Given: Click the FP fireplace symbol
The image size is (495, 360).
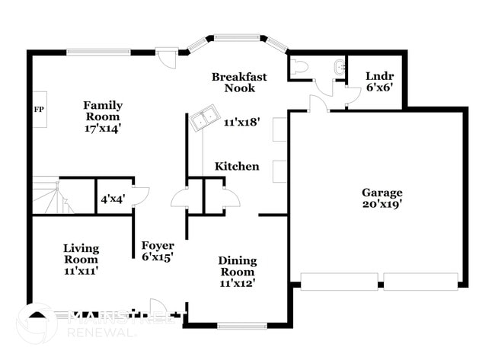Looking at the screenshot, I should click(39, 109).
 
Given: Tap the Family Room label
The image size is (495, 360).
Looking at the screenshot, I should click(103, 116).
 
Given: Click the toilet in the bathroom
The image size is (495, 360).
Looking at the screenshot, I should click(299, 67).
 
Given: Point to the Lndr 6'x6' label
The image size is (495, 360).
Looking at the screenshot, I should click(379, 81).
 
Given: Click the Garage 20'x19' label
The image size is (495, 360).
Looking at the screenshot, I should click(382, 198).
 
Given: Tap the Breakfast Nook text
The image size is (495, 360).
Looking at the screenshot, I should click(239, 82).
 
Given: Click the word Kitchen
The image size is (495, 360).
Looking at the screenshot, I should click(237, 167).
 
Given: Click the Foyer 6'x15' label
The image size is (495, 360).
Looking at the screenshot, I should click(158, 251).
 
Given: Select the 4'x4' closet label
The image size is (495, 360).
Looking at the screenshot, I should click(113, 199).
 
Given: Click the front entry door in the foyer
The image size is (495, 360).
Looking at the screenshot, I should click(158, 306).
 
